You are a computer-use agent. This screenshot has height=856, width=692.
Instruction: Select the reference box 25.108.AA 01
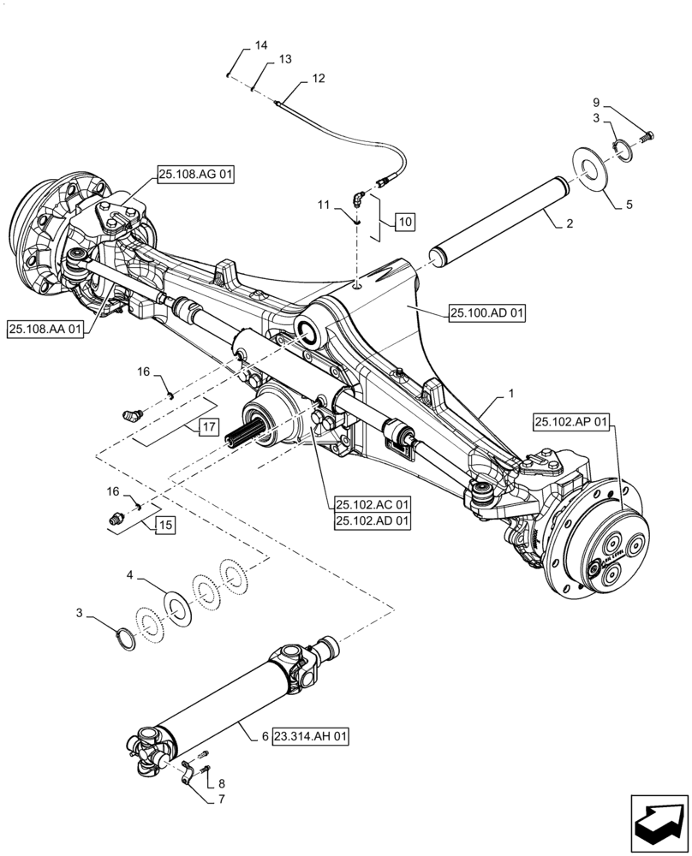(x=46, y=328)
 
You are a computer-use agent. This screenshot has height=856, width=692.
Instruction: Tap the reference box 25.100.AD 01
(x=486, y=313)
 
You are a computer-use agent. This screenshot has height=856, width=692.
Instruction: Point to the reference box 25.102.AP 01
(x=573, y=422)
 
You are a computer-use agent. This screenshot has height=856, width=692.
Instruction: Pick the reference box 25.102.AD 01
(x=373, y=520)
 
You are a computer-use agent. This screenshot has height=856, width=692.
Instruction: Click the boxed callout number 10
(x=405, y=222)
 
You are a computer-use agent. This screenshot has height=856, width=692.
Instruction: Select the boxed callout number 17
(x=209, y=426)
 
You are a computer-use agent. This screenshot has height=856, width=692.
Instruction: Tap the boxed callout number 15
(x=164, y=525)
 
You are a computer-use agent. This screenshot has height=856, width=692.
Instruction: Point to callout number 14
(x=261, y=45)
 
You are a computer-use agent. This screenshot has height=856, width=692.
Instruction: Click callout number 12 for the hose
(x=318, y=78)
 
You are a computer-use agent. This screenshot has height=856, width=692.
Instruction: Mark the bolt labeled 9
(x=647, y=134)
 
